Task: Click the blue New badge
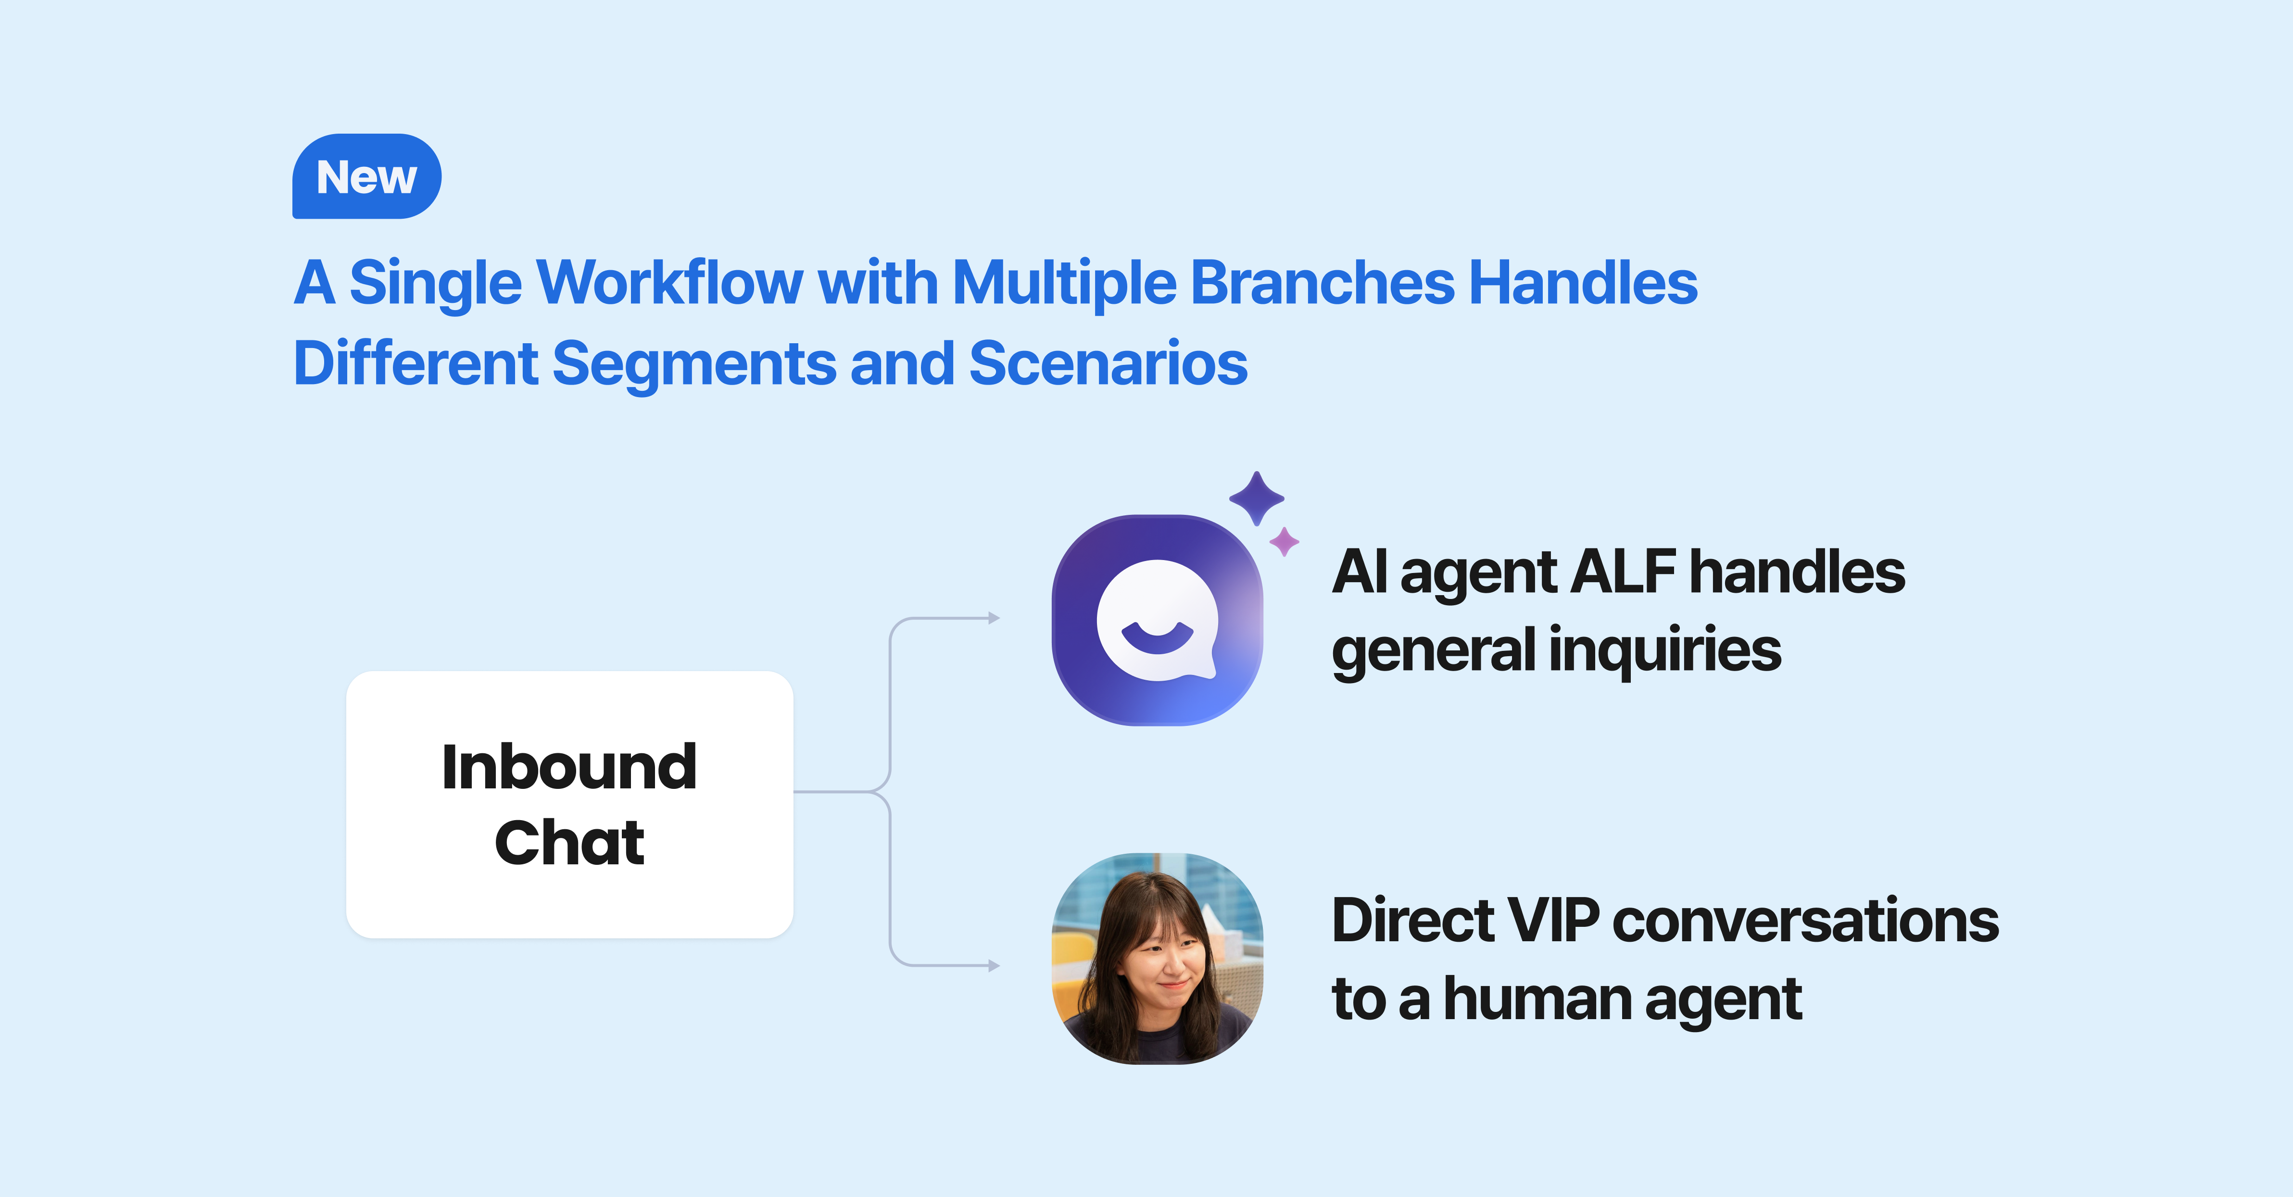[x=367, y=176]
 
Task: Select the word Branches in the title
[x=1322, y=283]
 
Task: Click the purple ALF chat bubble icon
[x=1157, y=620]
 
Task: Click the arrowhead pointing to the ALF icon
[x=994, y=618]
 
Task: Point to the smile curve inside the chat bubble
[x=1157, y=637]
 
